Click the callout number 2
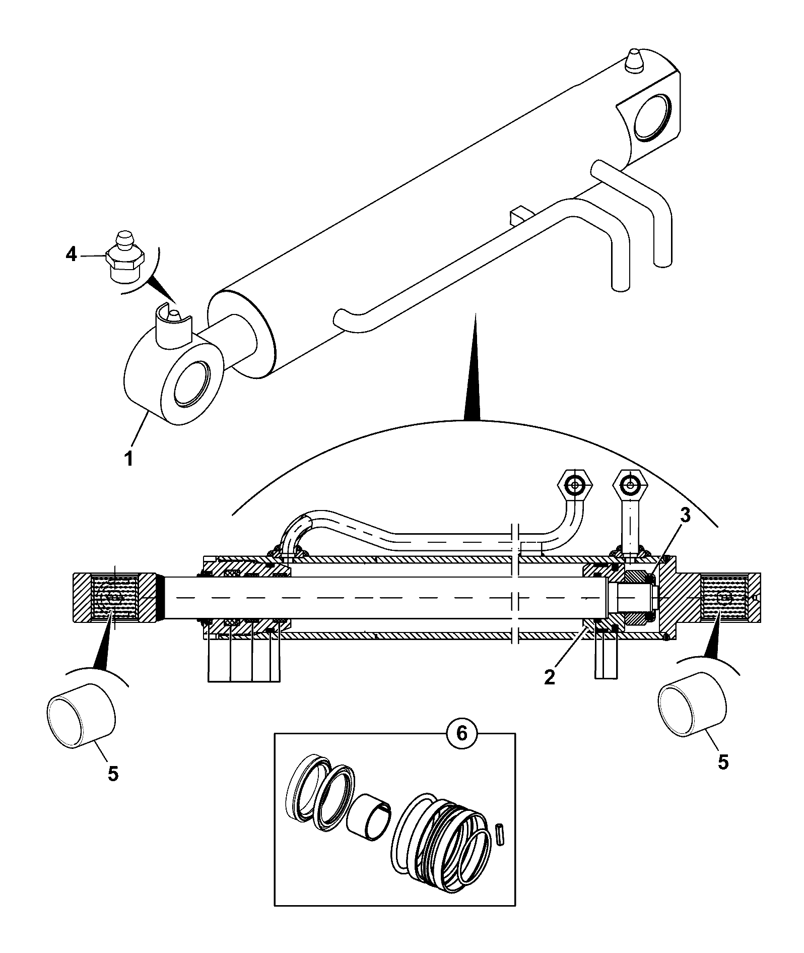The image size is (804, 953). (x=550, y=676)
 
